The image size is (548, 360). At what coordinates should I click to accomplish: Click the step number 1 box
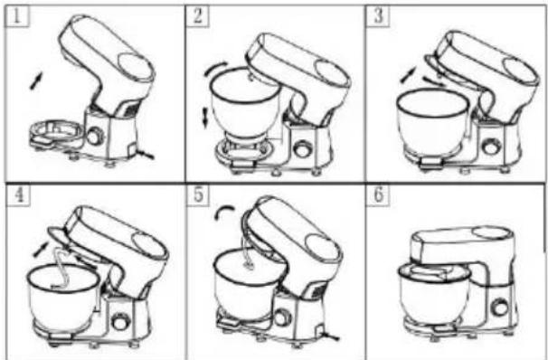tap(17, 16)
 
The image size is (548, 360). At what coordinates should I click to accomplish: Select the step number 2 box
tap(197, 16)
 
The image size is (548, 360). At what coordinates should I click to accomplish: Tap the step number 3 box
tap(377, 16)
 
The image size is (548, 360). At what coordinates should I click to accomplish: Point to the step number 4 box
tap(18, 195)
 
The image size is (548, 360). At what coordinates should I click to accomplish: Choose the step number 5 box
tap(198, 195)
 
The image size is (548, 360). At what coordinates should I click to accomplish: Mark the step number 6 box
tap(378, 195)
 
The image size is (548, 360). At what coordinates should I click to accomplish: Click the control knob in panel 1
tap(94, 137)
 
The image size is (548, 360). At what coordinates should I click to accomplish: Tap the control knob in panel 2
tap(302, 149)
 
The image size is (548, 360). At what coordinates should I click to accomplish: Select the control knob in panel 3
tap(491, 146)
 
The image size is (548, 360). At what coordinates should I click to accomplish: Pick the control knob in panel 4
tap(120, 321)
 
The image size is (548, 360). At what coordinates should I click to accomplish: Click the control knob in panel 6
tap(499, 308)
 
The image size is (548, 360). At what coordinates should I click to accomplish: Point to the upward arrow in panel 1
tap(36, 81)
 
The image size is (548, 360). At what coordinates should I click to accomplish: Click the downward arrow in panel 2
tap(205, 118)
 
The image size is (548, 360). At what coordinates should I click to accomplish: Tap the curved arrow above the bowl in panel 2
tap(214, 68)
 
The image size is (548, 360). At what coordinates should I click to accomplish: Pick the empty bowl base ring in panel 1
tap(57, 131)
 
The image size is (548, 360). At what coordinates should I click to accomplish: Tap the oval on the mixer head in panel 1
tap(135, 66)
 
